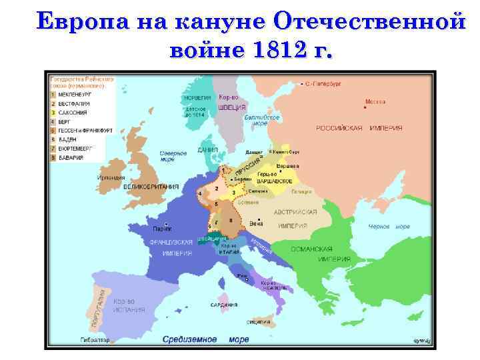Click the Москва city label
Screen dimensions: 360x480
coord(375,102)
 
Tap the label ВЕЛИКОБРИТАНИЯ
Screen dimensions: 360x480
coord(151,187)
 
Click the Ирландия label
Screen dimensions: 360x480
coord(110,178)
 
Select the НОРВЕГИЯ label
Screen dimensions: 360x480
coord(197,97)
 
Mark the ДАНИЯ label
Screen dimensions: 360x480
coord(207,150)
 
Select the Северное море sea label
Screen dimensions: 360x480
coord(173,156)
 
